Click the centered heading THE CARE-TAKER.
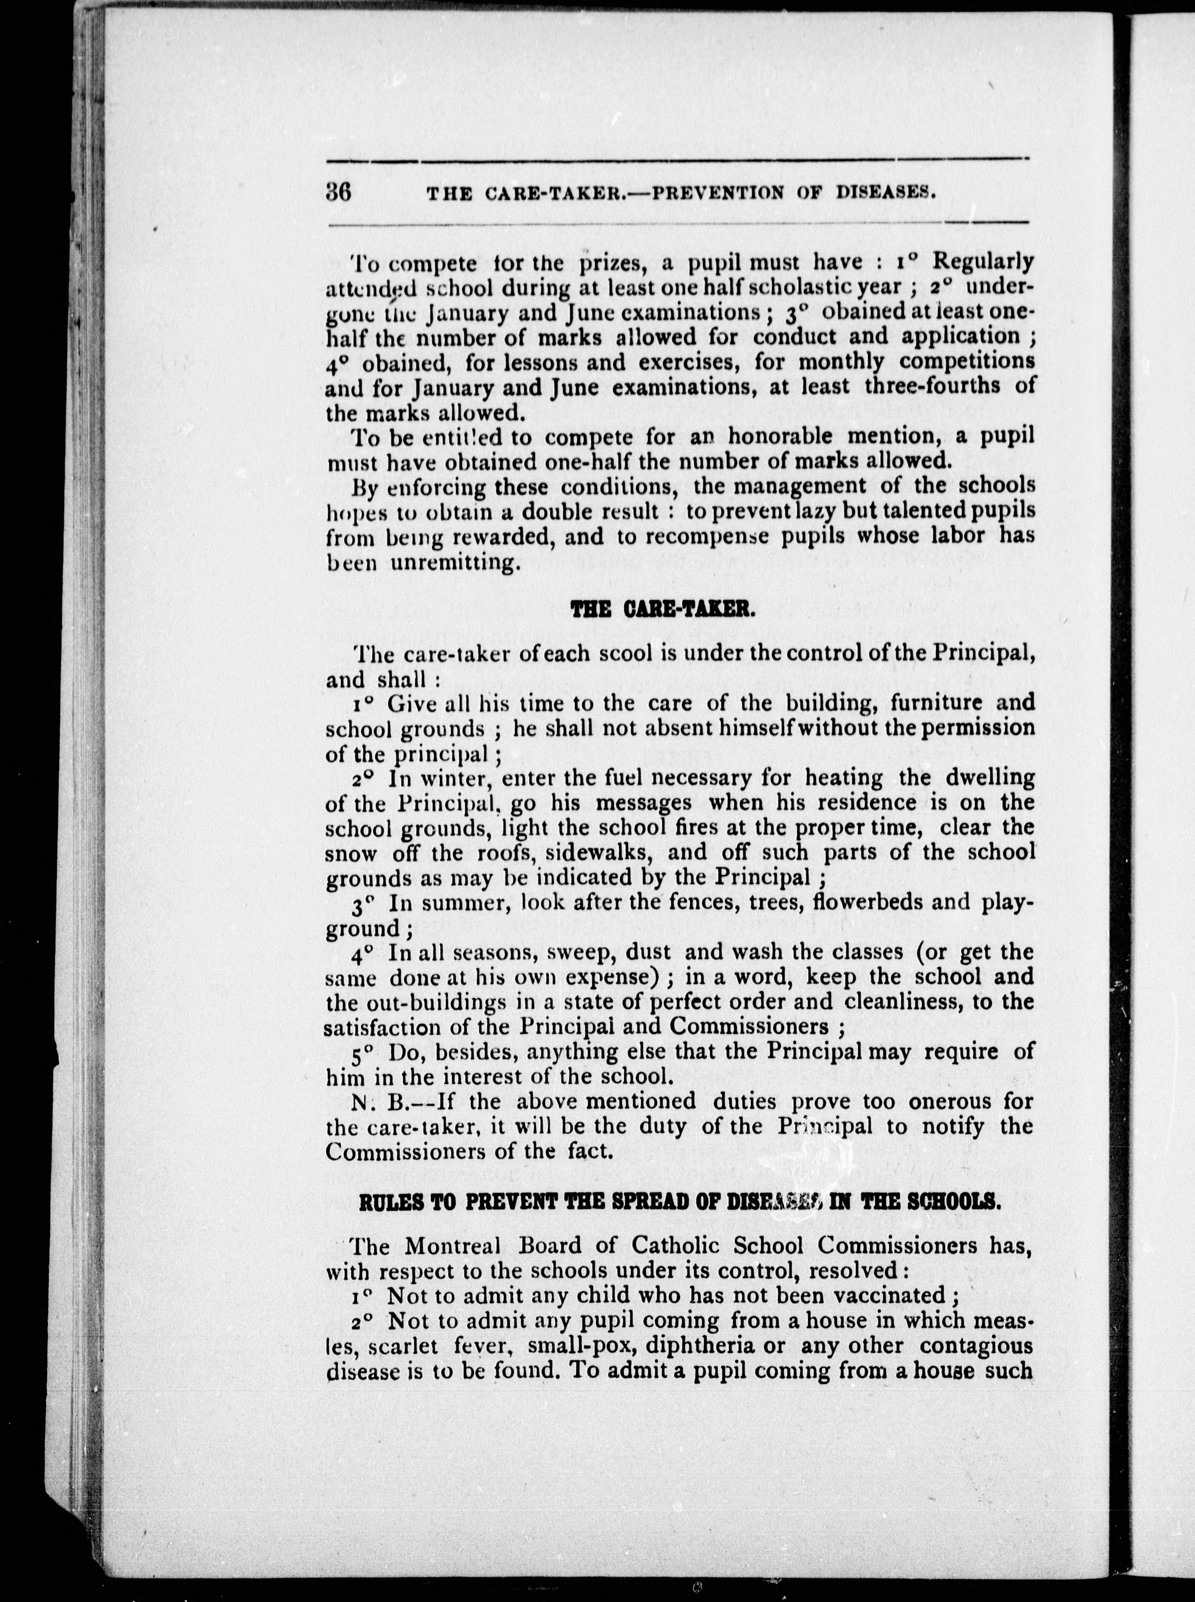point(663,611)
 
